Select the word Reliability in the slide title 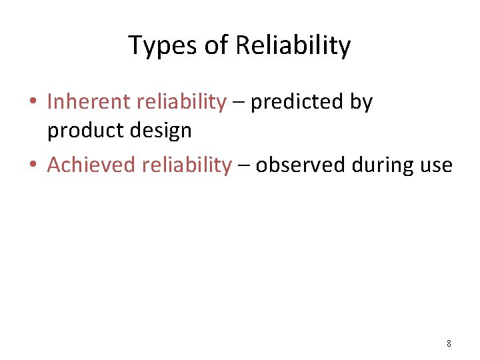coord(293,46)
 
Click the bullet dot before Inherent coord(32,103)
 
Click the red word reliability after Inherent coord(181,102)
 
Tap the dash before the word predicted coord(238,103)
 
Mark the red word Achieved coord(91,165)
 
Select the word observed coord(299,165)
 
